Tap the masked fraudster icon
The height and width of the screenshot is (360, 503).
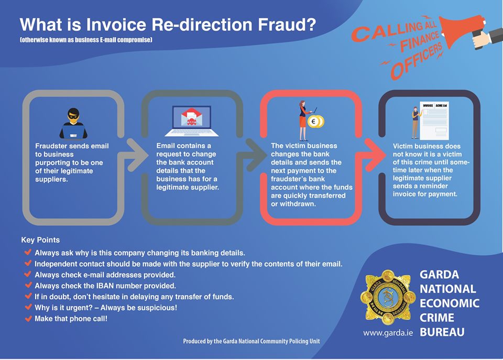[x=73, y=123]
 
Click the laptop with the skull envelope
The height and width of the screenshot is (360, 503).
[x=192, y=121]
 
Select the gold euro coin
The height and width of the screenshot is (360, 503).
[x=315, y=122]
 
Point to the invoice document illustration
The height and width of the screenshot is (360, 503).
[x=434, y=121]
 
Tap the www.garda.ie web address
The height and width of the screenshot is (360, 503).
[x=388, y=333]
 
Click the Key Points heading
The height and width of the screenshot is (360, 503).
[x=40, y=240]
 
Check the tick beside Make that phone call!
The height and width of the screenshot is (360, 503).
[x=28, y=318]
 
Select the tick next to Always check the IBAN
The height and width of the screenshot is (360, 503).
[x=28, y=285]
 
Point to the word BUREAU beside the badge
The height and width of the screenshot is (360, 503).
[x=442, y=332]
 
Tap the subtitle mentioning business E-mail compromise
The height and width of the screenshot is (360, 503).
[x=86, y=40]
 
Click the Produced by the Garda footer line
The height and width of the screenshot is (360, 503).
[x=251, y=341]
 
